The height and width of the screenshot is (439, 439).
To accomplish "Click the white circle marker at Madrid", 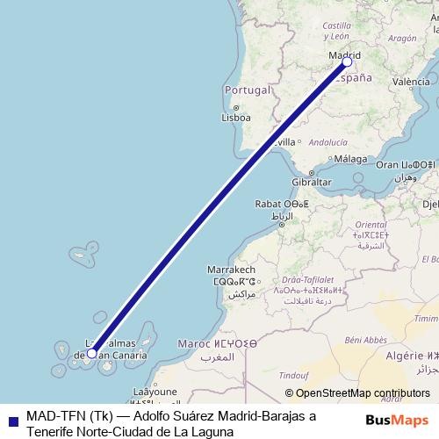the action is click(347, 61).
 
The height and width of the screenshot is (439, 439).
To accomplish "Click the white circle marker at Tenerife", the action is click(92, 354).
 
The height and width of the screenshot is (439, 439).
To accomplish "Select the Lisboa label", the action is click(236, 117).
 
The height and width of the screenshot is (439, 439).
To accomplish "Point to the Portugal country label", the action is click(246, 90).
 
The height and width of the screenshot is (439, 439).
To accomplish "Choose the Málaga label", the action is click(349, 159).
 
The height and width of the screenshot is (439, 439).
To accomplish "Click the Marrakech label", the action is click(231, 269).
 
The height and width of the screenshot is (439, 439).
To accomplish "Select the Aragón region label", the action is click(401, 39).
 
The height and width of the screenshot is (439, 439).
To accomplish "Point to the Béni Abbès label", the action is click(366, 339).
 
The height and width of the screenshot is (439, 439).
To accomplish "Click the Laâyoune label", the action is click(148, 392).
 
